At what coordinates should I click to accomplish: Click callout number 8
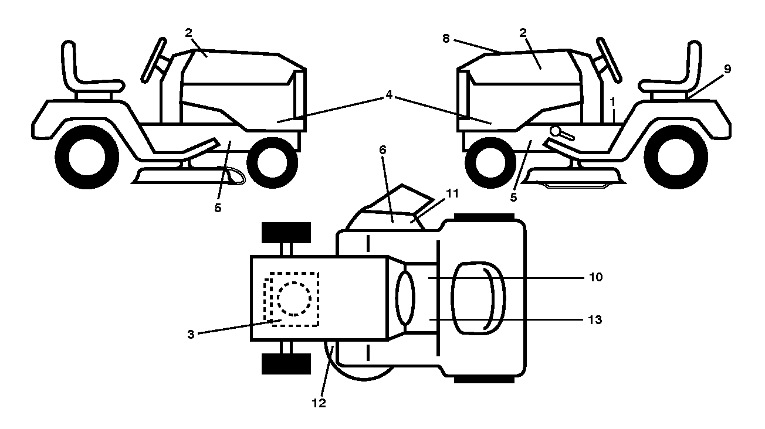(446, 39)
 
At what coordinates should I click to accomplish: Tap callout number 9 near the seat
(727, 69)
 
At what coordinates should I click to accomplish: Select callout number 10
(596, 277)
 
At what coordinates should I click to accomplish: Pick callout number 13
(595, 320)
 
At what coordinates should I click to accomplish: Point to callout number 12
(319, 403)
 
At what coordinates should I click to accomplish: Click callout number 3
(191, 335)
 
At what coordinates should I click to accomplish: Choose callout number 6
(382, 150)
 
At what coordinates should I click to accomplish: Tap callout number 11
(452, 193)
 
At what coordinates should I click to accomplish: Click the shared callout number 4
(389, 95)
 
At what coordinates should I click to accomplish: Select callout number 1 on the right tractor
(612, 102)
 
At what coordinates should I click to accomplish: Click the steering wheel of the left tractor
(154, 60)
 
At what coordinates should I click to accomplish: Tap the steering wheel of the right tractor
(609, 60)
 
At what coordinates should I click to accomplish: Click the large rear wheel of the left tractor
(87, 157)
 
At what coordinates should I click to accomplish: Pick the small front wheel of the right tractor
(491, 163)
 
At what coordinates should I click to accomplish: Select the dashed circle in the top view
(294, 299)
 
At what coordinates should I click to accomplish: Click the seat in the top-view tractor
(478, 299)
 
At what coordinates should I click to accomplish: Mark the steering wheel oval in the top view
(405, 297)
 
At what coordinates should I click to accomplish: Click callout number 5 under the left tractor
(218, 207)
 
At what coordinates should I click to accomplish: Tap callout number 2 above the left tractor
(188, 33)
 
